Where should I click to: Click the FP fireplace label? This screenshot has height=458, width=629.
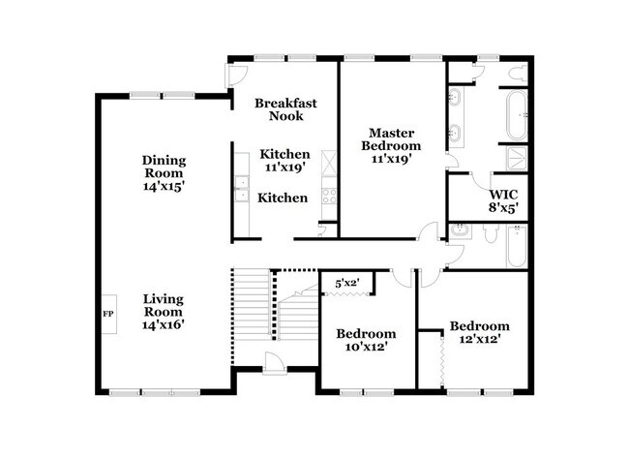[108, 314]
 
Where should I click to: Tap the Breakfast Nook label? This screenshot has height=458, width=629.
[285, 109]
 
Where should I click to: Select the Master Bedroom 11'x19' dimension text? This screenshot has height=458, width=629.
[391, 159]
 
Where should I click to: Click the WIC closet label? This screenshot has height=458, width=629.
[503, 195]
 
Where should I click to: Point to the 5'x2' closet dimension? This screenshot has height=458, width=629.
[347, 283]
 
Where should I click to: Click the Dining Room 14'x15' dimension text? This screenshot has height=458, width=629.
[164, 186]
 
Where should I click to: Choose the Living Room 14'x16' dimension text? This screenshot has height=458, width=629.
[164, 324]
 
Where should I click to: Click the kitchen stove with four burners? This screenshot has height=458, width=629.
[329, 197]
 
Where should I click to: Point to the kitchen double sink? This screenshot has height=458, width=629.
[242, 188]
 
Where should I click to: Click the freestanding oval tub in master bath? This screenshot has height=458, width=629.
[517, 115]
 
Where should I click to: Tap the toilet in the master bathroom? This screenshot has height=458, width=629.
[517, 73]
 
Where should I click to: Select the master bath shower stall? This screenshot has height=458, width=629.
[517, 158]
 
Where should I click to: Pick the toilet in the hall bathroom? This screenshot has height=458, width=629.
[491, 233]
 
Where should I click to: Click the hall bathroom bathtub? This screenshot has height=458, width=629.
[517, 247]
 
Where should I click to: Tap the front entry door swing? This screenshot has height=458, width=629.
[274, 362]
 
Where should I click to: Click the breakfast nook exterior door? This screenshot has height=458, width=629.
[236, 76]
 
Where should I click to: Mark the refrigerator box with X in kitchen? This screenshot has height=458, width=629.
[329, 163]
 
